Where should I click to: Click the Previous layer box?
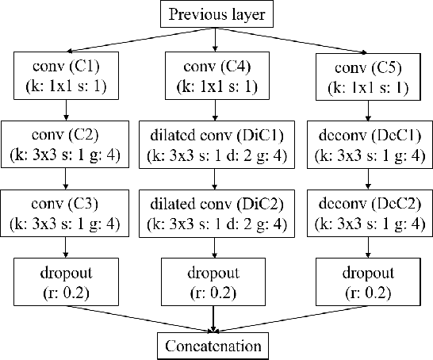216,13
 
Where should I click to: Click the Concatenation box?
213,346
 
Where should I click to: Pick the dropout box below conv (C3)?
64,281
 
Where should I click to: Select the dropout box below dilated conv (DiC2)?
213,281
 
